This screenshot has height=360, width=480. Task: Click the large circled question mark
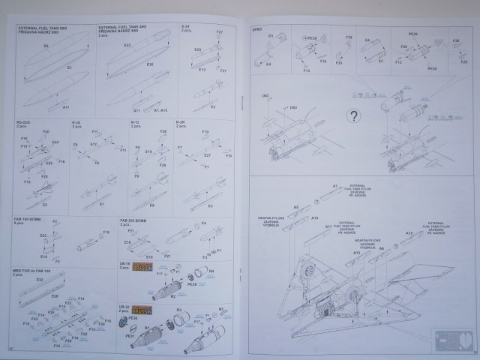click(353, 116)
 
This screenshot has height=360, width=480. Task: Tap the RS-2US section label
click(24, 121)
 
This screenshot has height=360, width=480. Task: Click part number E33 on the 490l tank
click(127, 46)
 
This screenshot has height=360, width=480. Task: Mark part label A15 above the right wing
click(409, 233)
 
